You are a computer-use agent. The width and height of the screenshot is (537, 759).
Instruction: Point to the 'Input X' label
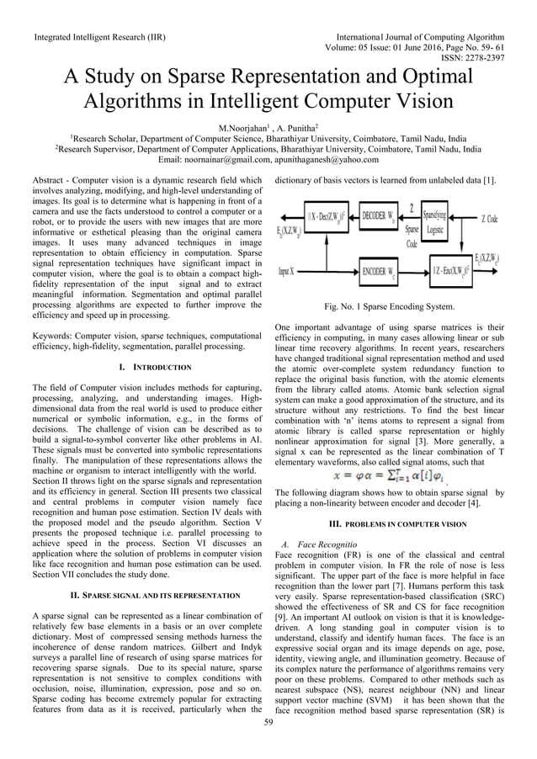click(290, 271)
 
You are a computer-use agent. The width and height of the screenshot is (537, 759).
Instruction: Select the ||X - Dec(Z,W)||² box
click(322, 215)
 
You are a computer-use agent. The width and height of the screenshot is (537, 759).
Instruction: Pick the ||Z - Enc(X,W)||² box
click(444, 271)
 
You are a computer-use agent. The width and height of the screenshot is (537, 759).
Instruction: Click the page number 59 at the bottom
click(268, 721)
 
